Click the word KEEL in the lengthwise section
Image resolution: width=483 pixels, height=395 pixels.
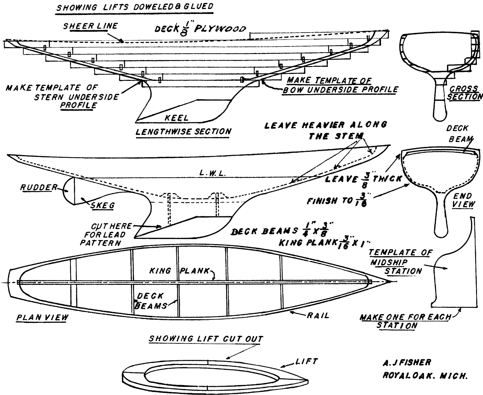(177, 118)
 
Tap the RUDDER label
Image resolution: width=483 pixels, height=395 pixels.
(39, 187)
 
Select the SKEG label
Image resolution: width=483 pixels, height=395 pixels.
(102, 205)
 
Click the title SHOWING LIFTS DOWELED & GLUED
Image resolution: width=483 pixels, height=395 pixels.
(135, 7)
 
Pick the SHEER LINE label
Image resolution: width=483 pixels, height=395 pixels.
(90, 26)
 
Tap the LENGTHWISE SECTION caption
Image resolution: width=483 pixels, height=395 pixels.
(184, 132)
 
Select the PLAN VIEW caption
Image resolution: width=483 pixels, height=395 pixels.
(42, 317)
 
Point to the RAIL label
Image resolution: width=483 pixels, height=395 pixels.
(318, 316)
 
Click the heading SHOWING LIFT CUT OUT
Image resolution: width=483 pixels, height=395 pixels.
(206, 339)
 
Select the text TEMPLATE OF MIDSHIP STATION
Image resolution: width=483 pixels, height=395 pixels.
(398, 262)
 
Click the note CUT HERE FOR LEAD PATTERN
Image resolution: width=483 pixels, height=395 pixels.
(107, 234)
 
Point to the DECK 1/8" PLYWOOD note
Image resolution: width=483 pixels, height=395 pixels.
(200, 28)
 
